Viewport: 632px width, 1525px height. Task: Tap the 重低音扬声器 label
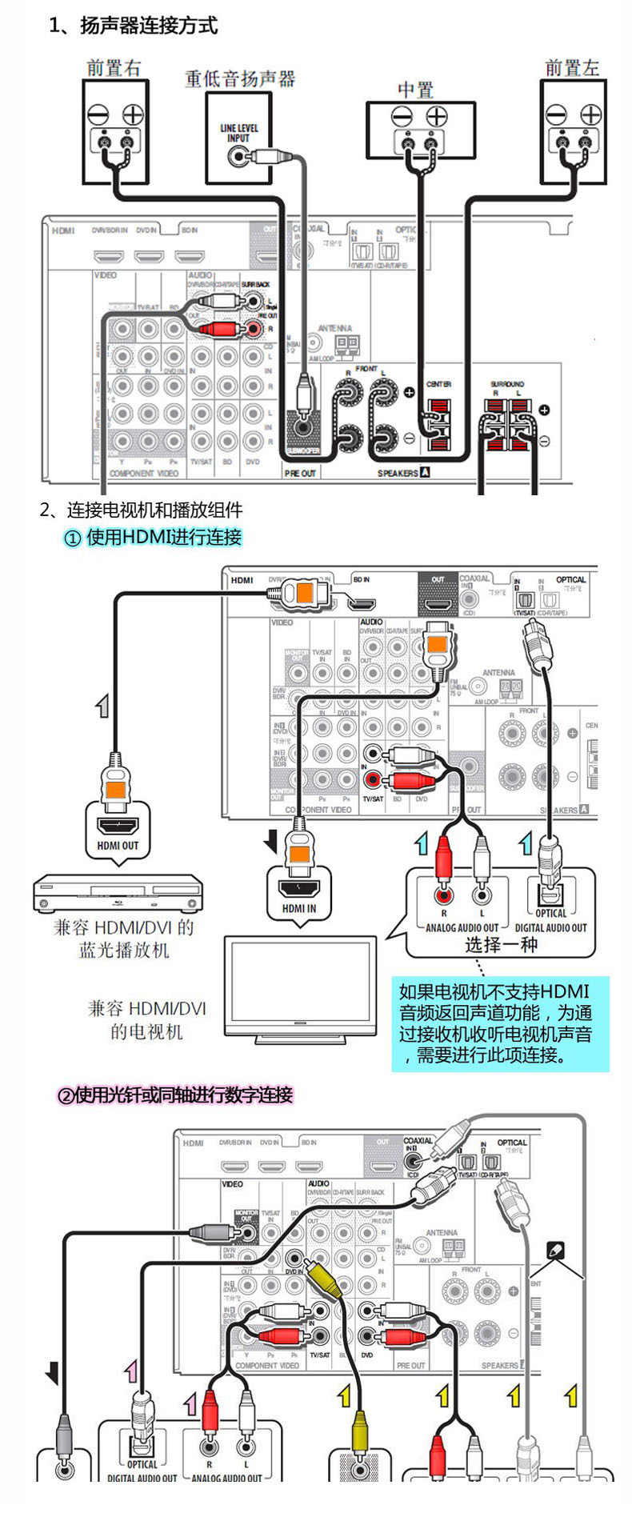click(x=240, y=78)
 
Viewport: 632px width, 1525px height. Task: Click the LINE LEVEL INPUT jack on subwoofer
click(x=238, y=156)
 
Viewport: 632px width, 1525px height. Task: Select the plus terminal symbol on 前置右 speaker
click(x=133, y=114)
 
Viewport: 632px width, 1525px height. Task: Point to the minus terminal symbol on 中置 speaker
click(x=402, y=117)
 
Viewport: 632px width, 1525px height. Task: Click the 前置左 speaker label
click(x=572, y=69)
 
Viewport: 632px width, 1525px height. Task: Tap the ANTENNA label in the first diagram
click(x=334, y=328)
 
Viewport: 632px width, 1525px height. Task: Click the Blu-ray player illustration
click(x=117, y=893)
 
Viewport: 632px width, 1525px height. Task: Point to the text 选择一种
click(x=502, y=944)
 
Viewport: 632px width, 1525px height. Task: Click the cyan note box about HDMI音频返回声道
click(x=499, y=1023)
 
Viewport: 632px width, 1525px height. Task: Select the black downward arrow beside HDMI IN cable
click(x=271, y=841)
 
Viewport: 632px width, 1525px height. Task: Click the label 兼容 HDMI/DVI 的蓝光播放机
click(x=124, y=939)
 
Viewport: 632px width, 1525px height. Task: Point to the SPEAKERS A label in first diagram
click(x=403, y=473)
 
